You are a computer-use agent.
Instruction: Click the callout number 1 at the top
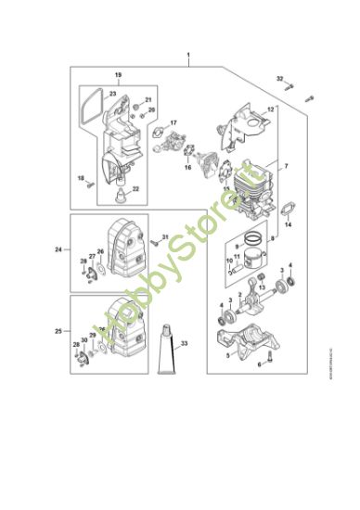tap(188, 57)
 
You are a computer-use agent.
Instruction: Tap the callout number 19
tap(118, 73)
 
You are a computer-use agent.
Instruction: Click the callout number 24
tap(58, 249)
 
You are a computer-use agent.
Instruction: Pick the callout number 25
tap(58, 330)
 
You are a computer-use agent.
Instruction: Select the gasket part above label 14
tap(288, 207)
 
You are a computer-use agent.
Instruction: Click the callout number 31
tap(165, 238)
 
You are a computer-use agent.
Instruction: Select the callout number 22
tap(136, 188)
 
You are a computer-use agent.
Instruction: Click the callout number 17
tap(173, 121)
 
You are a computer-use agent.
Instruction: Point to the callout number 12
tap(271, 109)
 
